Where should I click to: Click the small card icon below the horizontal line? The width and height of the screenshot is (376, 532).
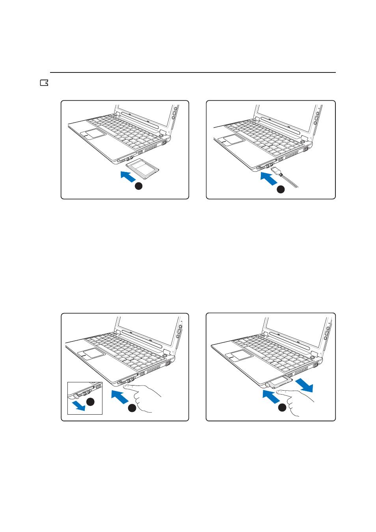point(44,83)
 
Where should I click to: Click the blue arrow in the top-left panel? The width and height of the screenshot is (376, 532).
point(128,176)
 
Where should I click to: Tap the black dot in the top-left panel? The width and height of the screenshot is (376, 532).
point(138,186)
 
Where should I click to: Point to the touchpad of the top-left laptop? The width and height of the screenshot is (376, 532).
point(93,133)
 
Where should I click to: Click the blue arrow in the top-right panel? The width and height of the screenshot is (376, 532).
point(269,179)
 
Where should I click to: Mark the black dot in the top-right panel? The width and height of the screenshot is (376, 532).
point(280,189)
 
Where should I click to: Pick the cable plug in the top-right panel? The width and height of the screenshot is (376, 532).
point(277,171)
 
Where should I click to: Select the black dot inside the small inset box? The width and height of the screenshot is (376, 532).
point(90,401)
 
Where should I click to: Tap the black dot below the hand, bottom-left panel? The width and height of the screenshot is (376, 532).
point(132,408)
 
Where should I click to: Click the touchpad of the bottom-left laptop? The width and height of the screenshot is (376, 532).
point(91,354)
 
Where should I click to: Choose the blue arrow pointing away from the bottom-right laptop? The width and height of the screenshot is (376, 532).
point(304,385)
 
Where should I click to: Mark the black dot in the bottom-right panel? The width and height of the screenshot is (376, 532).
point(282,408)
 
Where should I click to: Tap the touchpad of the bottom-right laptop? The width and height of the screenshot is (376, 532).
point(239,355)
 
